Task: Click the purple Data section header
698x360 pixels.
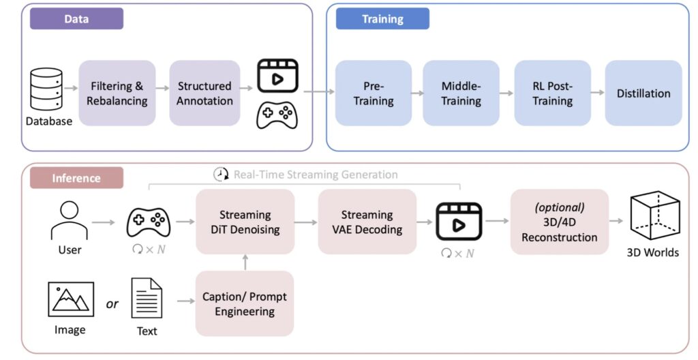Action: tap(76, 19)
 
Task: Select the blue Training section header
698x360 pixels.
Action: tap(382, 19)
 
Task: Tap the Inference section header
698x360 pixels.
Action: tap(76, 178)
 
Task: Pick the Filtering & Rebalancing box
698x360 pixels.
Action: tap(117, 93)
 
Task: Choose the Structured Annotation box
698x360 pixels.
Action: tap(204, 93)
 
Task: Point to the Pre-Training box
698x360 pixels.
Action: tap(373, 93)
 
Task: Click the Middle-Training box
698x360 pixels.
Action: tap(461, 93)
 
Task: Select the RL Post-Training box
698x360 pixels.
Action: tap(552, 93)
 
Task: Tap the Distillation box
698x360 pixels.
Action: tap(643, 93)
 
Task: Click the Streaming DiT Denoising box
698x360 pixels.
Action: tap(245, 222)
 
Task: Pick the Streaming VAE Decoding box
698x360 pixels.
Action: tap(367, 222)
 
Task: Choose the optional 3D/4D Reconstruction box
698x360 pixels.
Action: tap(559, 222)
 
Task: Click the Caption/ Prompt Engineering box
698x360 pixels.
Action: tap(245, 304)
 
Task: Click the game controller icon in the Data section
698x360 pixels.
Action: tap(277, 115)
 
